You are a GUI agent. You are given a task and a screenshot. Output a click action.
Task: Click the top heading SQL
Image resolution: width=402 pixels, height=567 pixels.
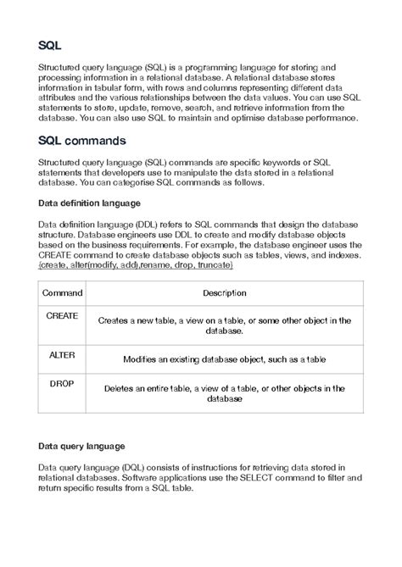point(50,43)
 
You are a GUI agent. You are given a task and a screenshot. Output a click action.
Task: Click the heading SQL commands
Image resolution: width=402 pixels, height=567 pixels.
point(85,138)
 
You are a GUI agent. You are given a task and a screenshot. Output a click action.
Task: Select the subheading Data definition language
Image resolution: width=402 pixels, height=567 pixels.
point(89,203)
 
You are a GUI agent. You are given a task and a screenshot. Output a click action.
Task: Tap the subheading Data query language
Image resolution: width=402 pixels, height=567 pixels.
point(81,445)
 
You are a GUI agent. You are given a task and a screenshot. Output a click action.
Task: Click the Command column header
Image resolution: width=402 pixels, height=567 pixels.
point(64,292)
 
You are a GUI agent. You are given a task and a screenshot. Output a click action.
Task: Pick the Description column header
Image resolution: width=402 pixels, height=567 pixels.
point(224,292)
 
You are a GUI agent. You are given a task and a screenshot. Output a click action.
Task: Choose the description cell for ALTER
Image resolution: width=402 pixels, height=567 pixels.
point(224,359)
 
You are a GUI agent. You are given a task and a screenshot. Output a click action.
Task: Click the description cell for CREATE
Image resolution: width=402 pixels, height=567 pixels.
point(224,325)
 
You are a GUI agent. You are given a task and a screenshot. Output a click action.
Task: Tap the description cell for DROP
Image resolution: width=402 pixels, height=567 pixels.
point(224,393)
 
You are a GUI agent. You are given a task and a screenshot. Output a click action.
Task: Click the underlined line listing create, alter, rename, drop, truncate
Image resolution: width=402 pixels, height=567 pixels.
point(136,265)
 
